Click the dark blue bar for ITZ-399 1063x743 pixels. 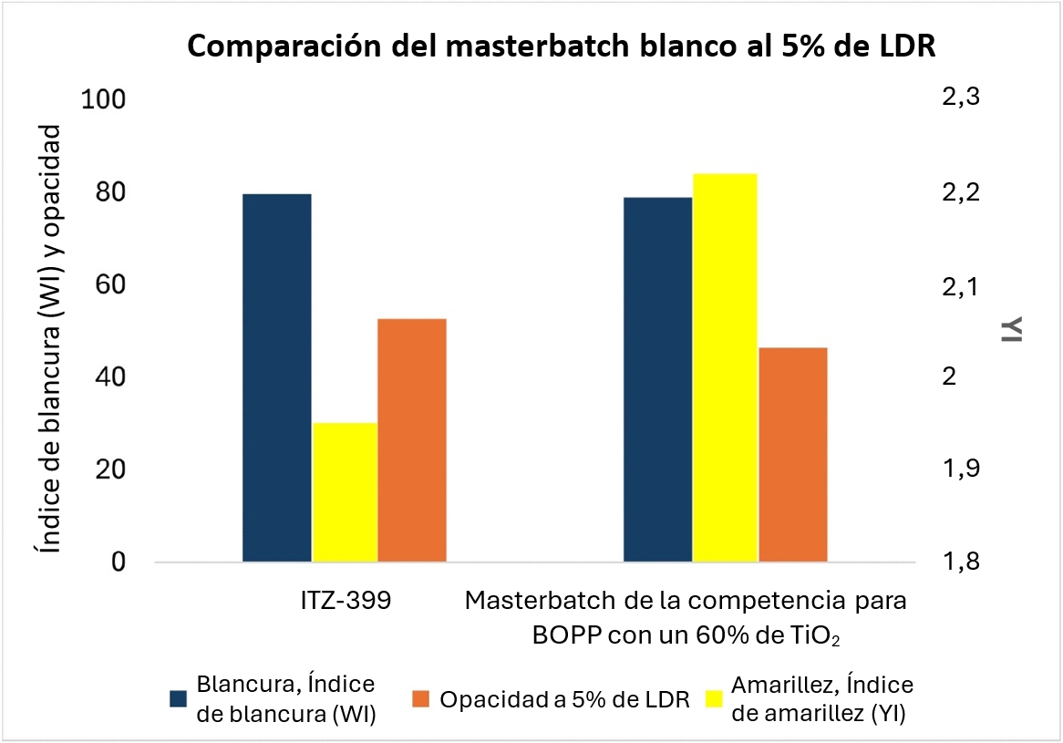click(277, 377)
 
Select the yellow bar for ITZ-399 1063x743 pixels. click(345, 492)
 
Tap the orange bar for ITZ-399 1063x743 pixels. click(412, 440)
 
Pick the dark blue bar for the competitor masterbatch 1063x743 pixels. click(657, 379)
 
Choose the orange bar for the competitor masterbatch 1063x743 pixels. click(792, 454)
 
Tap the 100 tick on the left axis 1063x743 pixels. click(106, 100)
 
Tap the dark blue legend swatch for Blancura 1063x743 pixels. click(179, 699)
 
